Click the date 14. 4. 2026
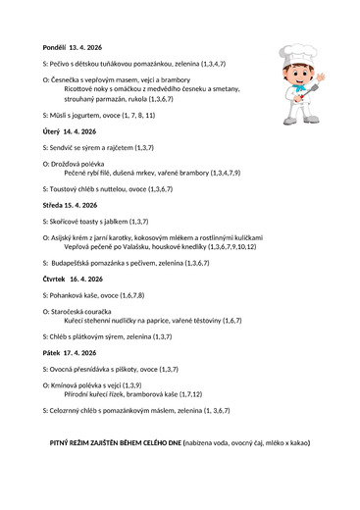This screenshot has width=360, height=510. point(80,130)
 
